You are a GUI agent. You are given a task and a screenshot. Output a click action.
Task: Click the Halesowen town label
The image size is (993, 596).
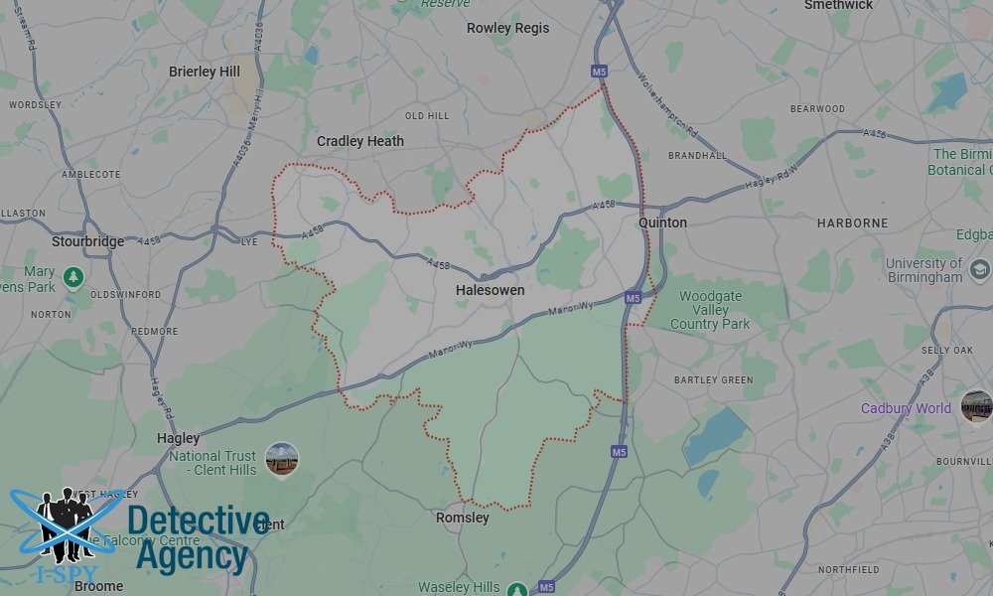[490, 290]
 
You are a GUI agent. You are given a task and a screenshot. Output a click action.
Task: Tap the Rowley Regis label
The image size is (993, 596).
[507, 28]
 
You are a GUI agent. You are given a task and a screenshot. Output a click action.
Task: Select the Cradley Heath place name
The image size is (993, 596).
[360, 141]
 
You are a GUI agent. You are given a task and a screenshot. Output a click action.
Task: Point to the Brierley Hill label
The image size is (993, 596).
[205, 72]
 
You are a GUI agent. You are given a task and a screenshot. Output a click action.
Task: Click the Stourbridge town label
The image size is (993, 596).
[88, 241]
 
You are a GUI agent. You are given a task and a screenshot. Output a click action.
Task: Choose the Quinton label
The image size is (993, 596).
[662, 223]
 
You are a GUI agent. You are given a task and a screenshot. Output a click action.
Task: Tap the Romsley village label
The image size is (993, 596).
[463, 518]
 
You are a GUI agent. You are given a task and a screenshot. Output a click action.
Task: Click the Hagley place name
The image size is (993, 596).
[178, 438]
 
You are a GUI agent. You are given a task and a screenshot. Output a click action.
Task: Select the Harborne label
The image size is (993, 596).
[852, 223]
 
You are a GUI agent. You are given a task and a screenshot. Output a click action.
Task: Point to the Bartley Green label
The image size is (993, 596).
[713, 380]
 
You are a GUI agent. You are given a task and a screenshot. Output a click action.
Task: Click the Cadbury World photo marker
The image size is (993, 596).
[976, 406]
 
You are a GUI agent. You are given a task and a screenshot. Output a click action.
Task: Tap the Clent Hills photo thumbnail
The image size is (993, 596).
[282, 458]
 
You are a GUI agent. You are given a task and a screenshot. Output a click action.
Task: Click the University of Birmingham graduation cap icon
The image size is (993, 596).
[980, 270]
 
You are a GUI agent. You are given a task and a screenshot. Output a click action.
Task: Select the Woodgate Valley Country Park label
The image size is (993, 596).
[710, 310]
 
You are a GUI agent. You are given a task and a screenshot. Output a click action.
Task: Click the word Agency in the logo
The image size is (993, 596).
[191, 557]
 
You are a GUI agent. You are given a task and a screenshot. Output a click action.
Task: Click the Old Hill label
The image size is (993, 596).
[427, 116]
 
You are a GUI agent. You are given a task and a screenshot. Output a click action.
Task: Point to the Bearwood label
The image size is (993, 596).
[817, 108]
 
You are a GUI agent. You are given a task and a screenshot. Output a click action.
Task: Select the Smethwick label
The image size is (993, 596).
[838, 5]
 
